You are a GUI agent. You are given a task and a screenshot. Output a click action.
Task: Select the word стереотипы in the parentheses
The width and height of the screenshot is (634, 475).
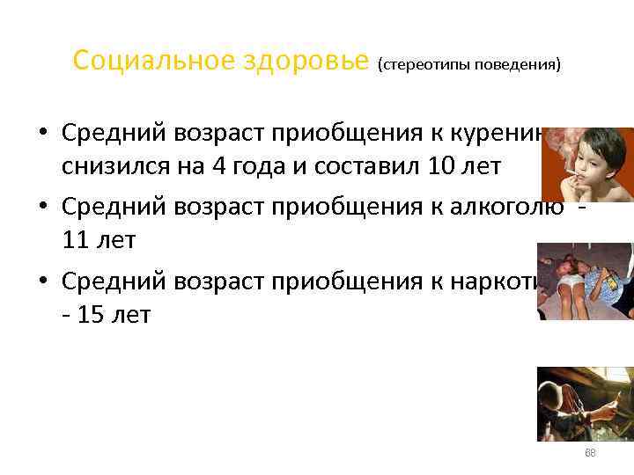(424, 65)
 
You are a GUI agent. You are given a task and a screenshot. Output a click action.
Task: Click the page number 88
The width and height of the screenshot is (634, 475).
(590, 453)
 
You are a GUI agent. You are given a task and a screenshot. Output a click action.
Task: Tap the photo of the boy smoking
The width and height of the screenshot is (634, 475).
(587, 165)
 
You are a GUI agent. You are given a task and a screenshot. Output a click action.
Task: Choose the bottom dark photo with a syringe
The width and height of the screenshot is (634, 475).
(586, 403)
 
